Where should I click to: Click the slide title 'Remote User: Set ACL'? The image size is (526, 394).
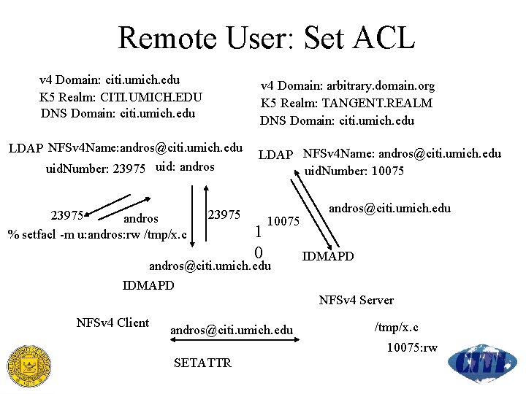click(266, 37)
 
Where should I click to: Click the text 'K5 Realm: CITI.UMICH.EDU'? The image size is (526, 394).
click(121, 96)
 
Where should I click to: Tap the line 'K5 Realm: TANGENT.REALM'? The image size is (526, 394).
click(346, 104)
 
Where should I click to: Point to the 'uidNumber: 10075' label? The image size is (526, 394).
click(354, 171)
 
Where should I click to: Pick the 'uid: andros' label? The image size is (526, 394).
click(186, 167)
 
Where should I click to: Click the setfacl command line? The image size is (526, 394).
click(98, 234)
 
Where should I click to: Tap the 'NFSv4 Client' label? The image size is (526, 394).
click(113, 323)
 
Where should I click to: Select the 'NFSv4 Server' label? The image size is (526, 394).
click(357, 300)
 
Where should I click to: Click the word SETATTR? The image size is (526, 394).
click(202, 363)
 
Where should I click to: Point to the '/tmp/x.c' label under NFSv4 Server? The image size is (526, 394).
click(397, 327)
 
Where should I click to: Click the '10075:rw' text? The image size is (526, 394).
click(412, 347)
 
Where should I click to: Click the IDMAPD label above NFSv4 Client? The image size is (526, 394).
click(148, 285)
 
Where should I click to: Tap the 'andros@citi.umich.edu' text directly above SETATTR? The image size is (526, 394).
click(231, 331)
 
